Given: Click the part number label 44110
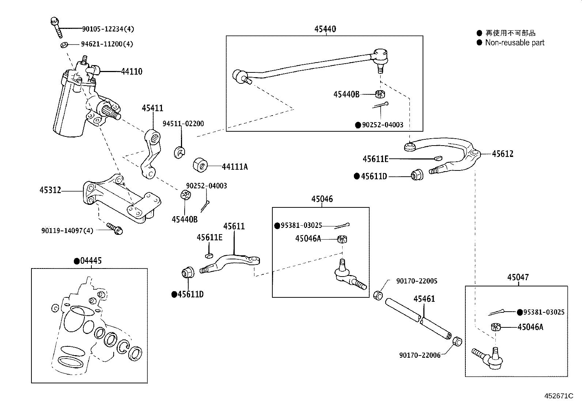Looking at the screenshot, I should (132, 72).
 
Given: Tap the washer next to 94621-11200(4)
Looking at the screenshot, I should (63, 45).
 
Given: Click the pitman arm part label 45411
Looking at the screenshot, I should (152, 108).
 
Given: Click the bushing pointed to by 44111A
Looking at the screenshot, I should (200, 165).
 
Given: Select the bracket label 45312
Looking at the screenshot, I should (50, 191).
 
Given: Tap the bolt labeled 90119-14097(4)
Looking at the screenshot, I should (116, 230).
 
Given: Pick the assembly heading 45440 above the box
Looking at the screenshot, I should (325, 29).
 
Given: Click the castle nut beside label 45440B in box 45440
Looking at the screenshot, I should (380, 94).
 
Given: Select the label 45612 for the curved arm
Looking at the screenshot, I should (502, 154).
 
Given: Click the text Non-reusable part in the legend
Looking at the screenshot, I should (514, 43).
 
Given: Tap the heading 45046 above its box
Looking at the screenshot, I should (322, 199).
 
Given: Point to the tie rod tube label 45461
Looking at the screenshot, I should (424, 299).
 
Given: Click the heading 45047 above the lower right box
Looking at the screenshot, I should (518, 278).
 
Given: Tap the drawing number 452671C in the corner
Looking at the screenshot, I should (559, 396).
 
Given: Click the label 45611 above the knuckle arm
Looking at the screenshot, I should (234, 226).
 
